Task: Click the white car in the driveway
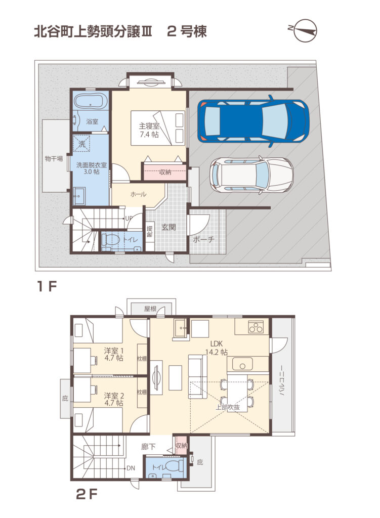point(251,174)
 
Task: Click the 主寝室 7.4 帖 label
point(149,130)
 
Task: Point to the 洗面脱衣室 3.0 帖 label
point(92,168)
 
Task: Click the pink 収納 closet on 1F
point(164,171)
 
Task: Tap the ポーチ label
point(203,239)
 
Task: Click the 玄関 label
point(168,227)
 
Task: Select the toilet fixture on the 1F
point(111,239)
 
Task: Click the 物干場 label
point(54,159)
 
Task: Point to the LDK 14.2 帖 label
point(217,348)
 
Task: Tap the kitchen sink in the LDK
point(242,364)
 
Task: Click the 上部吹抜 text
point(228,407)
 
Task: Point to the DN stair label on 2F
point(131,468)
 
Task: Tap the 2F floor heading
point(87,495)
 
